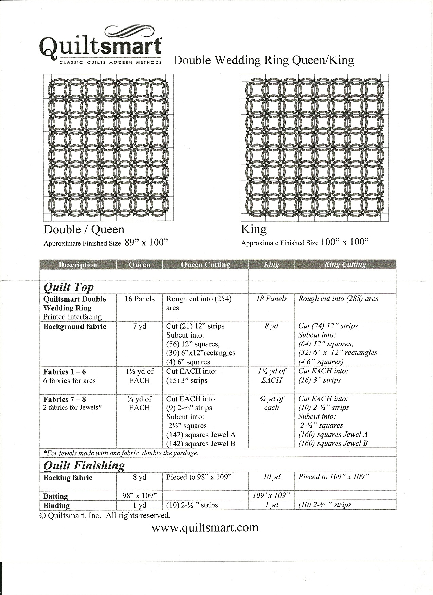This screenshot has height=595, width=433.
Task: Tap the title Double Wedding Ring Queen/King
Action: point(264,60)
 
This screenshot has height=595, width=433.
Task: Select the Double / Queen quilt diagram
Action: point(108,147)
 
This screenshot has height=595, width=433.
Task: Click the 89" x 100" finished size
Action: point(147,243)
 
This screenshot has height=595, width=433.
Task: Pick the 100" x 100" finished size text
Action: point(344,242)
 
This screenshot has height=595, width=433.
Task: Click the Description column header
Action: point(78,265)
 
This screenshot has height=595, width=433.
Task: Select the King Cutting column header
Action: point(345,265)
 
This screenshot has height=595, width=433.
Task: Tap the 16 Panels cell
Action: point(139,299)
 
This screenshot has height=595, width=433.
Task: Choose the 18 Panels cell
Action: point(271,299)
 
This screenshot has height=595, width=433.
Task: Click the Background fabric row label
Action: point(75,327)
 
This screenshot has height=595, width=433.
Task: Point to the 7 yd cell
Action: point(139,326)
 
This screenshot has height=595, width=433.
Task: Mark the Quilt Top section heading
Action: point(69,287)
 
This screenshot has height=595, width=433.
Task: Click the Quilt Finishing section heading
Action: point(84,465)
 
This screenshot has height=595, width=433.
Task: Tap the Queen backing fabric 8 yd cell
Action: point(139,477)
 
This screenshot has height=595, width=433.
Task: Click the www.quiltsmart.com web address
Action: point(205,527)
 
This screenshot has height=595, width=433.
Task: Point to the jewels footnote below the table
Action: point(121,453)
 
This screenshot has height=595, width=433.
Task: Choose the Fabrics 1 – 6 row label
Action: point(65,372)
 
